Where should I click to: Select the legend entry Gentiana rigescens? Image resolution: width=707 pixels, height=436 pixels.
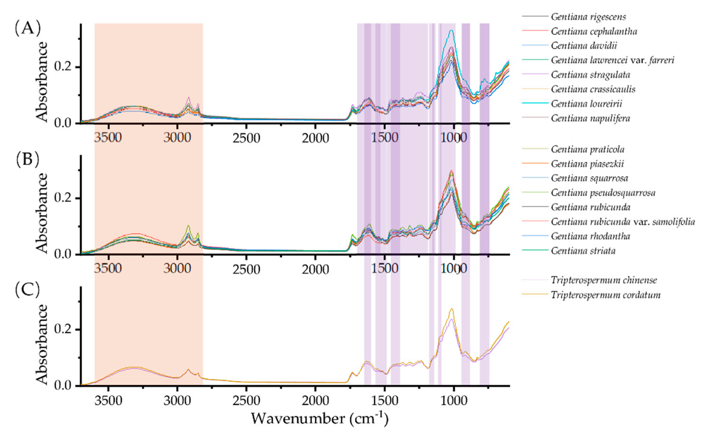pyautogui.click(x=588, y=17)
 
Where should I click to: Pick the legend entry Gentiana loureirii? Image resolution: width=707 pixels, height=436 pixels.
pyautogui.click(x=586, y=103)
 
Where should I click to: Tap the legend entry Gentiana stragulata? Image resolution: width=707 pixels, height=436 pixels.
pyautogui.click(x=590, y=75)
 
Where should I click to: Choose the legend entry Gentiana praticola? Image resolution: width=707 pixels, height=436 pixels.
pyautogui.click(x=587, y=149)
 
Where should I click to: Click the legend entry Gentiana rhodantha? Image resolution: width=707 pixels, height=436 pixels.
pyautogui.click(x=590, y=236)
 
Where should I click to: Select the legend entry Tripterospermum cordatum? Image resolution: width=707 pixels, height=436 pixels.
pyautogui.click(x=605, y=295)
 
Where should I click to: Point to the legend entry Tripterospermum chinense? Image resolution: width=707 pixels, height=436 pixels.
pyautogui.click(x=604, y=280)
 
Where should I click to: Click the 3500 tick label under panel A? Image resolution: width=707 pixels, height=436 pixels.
pyautogui.click(x=108, y=138)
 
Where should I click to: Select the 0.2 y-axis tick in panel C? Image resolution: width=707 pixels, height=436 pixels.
pyautogui.click(x=63, y=330)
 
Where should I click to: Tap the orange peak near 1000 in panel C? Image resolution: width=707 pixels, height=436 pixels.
pyautogui.click(x=451, y=309)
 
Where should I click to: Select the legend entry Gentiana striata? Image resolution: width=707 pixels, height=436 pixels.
pyautogui.click(x=583, y=251)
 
